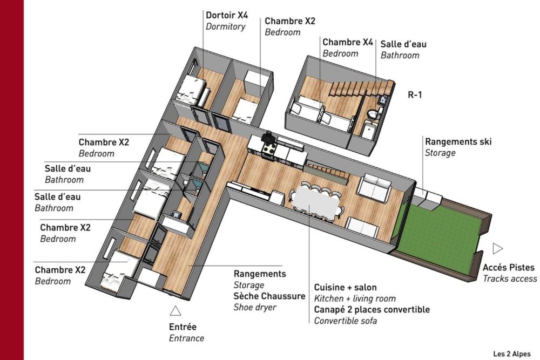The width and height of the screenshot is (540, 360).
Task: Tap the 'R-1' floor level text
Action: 415,95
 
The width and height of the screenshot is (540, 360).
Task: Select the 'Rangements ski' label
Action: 458,142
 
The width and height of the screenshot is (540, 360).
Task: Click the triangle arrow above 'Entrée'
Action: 175,310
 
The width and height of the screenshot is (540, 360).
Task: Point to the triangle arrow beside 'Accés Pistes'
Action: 498,248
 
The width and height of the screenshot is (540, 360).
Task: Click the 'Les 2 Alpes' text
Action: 512,354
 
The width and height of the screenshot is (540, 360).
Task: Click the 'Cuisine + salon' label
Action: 346,287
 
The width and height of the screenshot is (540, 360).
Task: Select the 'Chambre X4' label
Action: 348,42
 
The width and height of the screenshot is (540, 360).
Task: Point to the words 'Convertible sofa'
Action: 346,321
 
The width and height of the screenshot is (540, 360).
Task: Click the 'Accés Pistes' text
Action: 509,268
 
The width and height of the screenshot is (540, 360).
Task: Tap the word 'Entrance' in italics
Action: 187,338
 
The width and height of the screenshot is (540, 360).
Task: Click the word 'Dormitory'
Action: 225,26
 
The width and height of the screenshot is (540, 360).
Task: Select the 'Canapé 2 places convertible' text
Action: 372,309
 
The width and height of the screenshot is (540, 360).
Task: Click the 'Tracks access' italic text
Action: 510,279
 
